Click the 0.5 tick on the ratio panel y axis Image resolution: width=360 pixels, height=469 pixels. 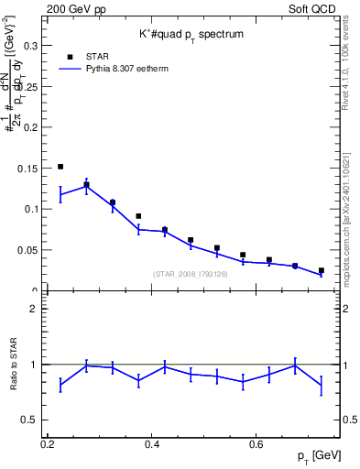tap(30, 420)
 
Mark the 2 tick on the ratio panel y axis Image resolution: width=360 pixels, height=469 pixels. tap(33, 309)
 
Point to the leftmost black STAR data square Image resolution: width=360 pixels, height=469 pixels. tap(60, 167)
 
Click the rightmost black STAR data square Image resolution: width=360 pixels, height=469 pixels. tap(321, 270)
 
